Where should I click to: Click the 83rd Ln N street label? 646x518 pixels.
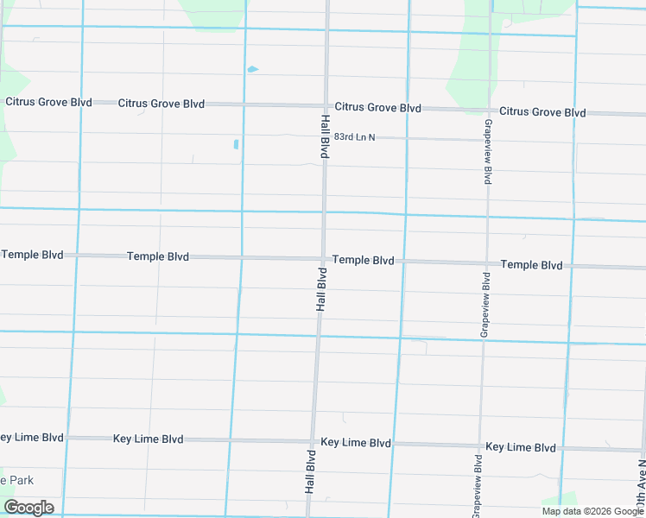354,137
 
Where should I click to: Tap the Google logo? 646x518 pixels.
28,508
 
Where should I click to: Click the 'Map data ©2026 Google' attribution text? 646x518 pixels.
592,511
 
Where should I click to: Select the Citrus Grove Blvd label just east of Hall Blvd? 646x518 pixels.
378,108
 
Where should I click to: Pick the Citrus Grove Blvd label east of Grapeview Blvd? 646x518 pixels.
542,112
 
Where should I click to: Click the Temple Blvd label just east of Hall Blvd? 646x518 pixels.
363,260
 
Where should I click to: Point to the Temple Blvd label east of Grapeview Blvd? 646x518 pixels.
531,265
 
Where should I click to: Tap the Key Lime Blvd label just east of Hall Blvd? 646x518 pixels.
356,443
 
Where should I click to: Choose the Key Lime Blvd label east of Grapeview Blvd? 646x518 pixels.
521,447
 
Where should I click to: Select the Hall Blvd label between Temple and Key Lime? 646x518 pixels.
321,289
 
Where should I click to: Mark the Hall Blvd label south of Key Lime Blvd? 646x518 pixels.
310,471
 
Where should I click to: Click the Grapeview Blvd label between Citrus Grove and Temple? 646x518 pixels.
487,152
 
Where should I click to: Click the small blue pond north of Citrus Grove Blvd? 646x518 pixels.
251,69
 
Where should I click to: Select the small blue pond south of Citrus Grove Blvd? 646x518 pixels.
236,144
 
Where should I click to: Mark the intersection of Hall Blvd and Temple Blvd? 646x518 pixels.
324,258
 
